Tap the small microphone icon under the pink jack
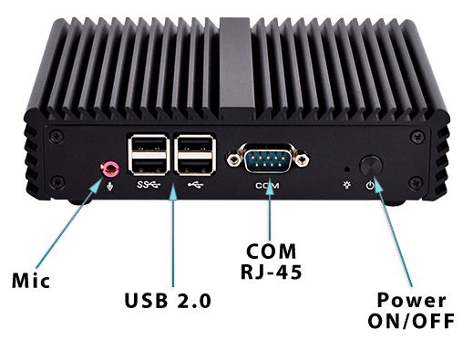point(111,186)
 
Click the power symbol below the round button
point(369,185)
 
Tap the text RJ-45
point(270,270)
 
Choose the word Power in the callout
point(412,301)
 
